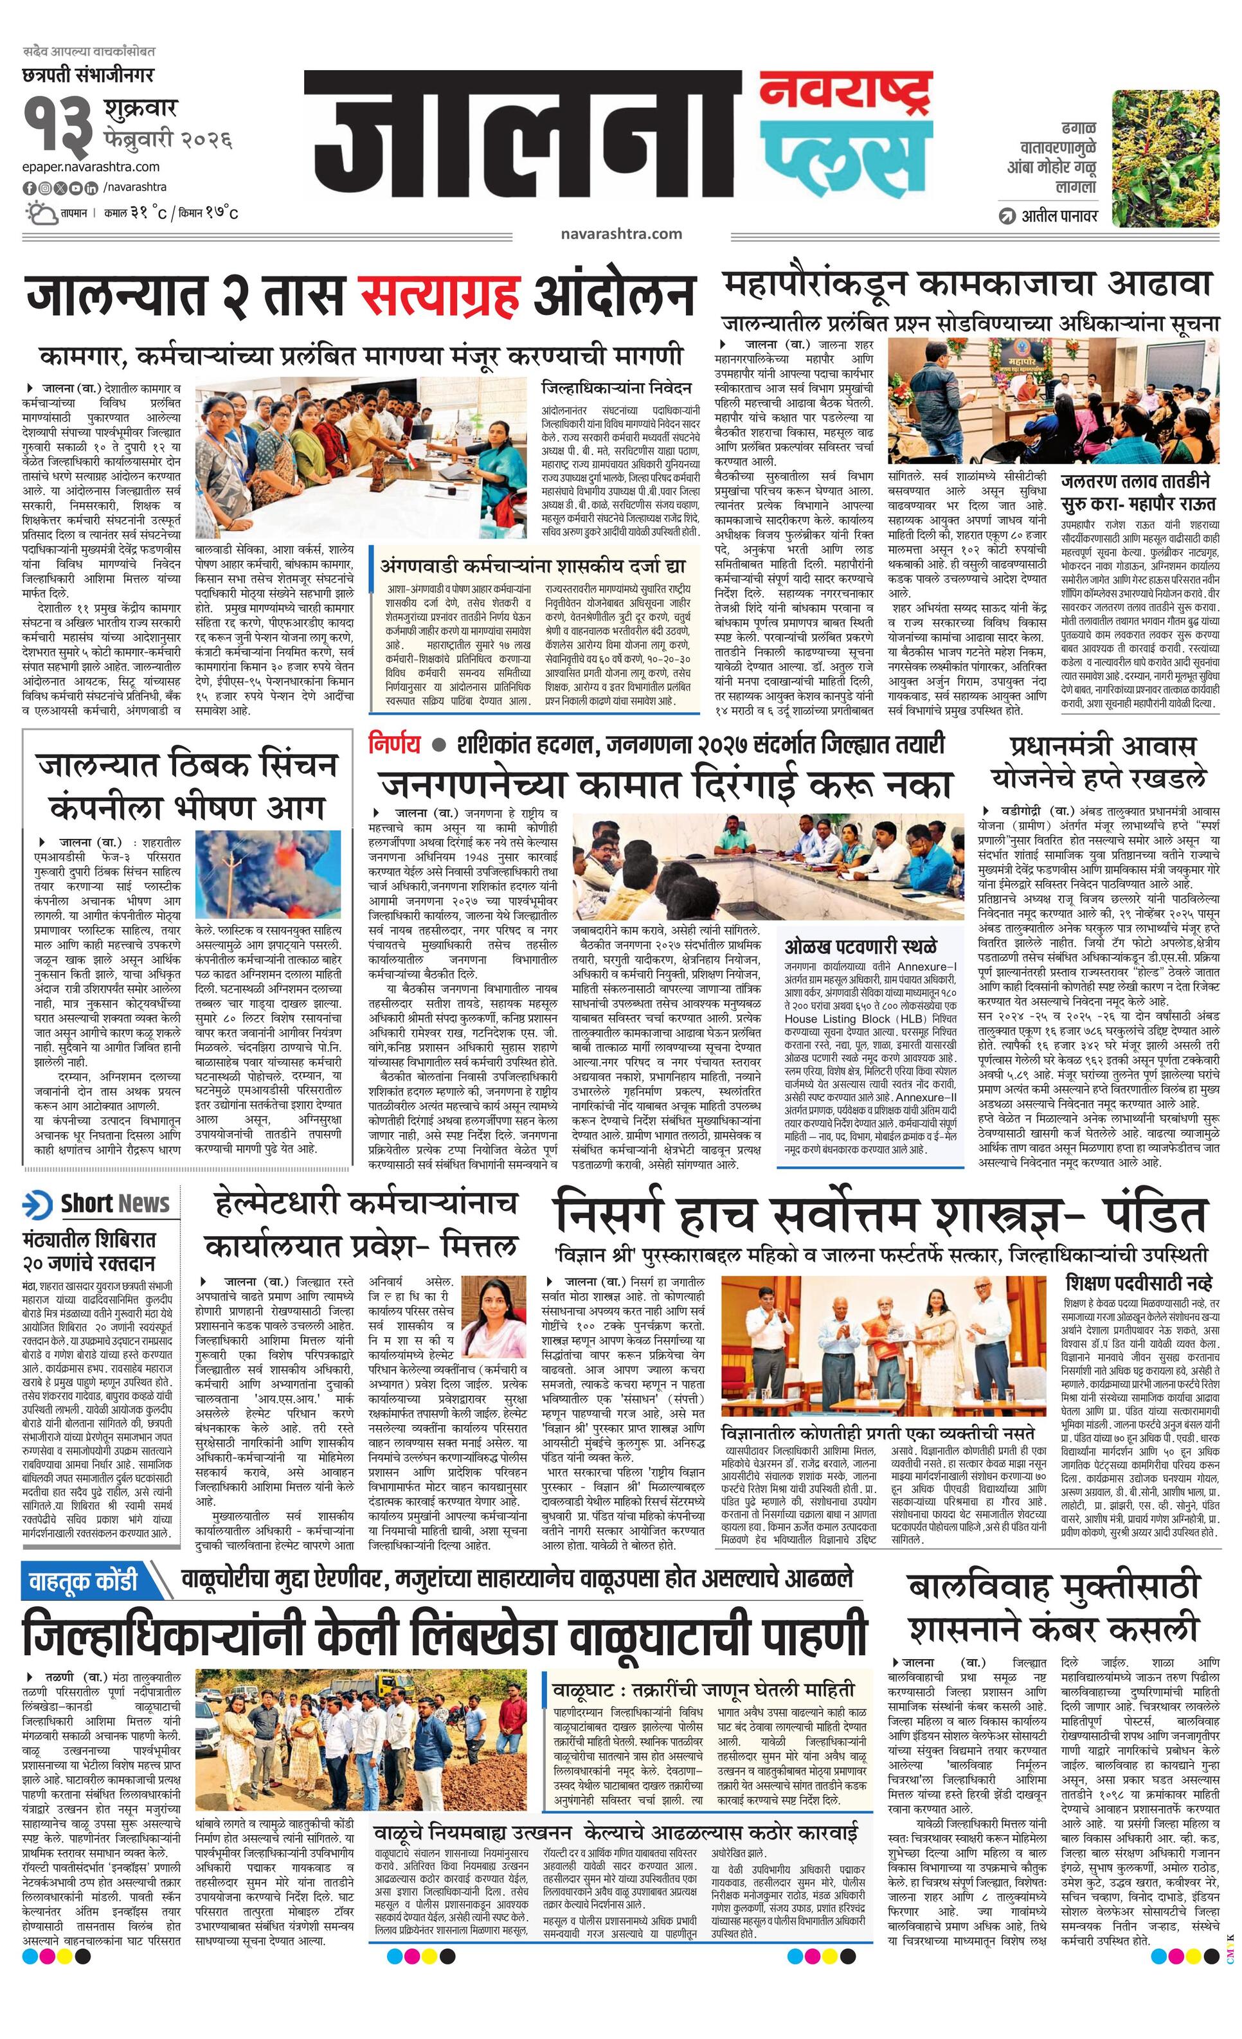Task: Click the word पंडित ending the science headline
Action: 1158,1216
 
